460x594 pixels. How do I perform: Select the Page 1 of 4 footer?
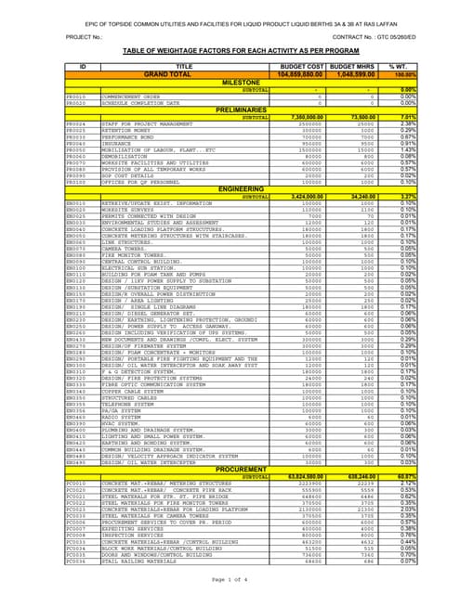click(x=229, y=580)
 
